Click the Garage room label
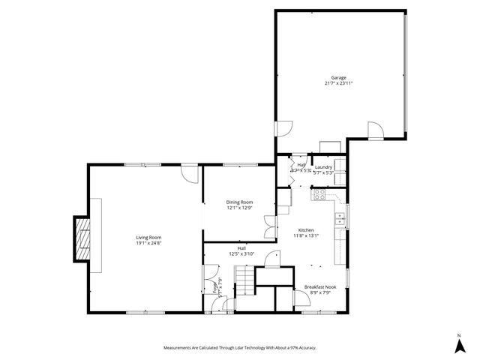pos(339,76)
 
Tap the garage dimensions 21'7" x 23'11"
pos(339,83)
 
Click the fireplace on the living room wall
pos(82,238)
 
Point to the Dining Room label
pos(240,202)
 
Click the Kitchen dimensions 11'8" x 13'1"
pos(306,235)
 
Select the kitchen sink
pos(340,219)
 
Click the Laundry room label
pos(323,166)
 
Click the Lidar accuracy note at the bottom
pos(239,347)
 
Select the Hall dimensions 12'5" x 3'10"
pos(241,253)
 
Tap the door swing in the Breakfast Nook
pos(300,299)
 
